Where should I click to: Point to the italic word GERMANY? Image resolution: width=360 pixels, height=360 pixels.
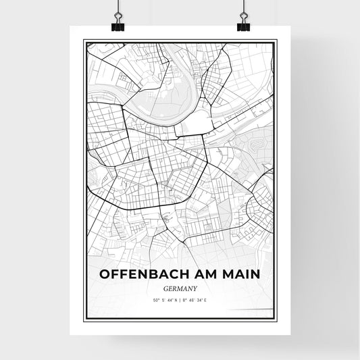[180, 288]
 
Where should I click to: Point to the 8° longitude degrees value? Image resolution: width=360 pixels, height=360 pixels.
[184, 299]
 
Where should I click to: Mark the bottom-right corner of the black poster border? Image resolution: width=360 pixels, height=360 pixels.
[276, 323]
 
